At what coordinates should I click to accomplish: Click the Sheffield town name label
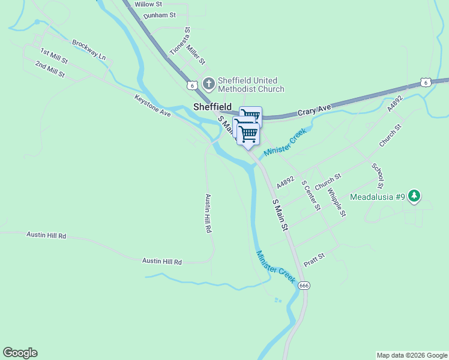click(x=212, y=107)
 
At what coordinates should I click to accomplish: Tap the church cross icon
click(x=208, y=84)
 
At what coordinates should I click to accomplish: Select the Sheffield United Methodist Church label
click(x=251, y=85)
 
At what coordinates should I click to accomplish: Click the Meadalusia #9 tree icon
click(x=414, y=196)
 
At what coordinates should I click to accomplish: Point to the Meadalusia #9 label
click(x=377, y=197)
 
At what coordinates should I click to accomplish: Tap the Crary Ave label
click(x=315, y=110)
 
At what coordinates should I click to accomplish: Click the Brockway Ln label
click(x=89, y=50)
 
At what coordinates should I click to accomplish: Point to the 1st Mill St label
click(x=54, y=57)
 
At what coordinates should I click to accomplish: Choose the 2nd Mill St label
click(x=50, y=69)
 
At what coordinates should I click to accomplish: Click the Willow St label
click(x=148, y=4)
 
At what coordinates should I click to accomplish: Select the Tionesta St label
click(x=179, y=41)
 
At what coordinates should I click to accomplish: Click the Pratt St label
click(x=314, y=260)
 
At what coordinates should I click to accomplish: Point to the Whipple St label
click(x=337, y=203)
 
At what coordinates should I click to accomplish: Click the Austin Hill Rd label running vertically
click(x=208, y=214)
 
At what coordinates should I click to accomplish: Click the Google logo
click(x=20, y=353)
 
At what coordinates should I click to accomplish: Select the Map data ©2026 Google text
click(x=412, y=355)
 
